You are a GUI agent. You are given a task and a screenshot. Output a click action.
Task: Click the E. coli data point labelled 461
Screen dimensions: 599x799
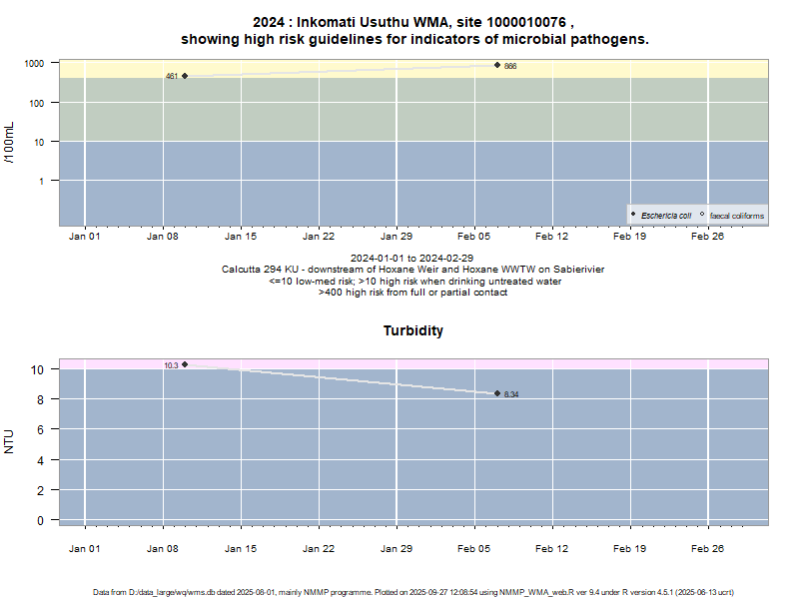coord(185,76)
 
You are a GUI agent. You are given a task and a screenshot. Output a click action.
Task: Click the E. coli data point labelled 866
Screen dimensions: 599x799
coord(497,65)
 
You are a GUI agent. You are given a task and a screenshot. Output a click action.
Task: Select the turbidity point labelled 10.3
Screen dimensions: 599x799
coord(185,364)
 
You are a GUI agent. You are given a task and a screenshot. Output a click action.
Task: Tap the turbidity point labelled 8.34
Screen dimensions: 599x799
coord(497,393)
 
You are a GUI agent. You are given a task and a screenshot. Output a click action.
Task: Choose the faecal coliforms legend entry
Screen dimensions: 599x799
coord(736,216)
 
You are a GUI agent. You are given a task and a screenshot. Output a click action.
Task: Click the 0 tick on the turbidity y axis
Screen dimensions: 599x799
coord(40,520)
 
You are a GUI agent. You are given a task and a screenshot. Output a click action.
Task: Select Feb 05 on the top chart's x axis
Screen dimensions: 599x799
coord(474,237)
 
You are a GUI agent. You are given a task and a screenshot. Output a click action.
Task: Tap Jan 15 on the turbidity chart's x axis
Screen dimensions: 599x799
coord(241,548)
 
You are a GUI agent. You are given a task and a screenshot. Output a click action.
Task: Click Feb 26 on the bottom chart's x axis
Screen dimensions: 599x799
coord(707,548)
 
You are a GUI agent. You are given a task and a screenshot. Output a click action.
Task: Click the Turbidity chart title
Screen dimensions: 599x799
coord(413,330)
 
